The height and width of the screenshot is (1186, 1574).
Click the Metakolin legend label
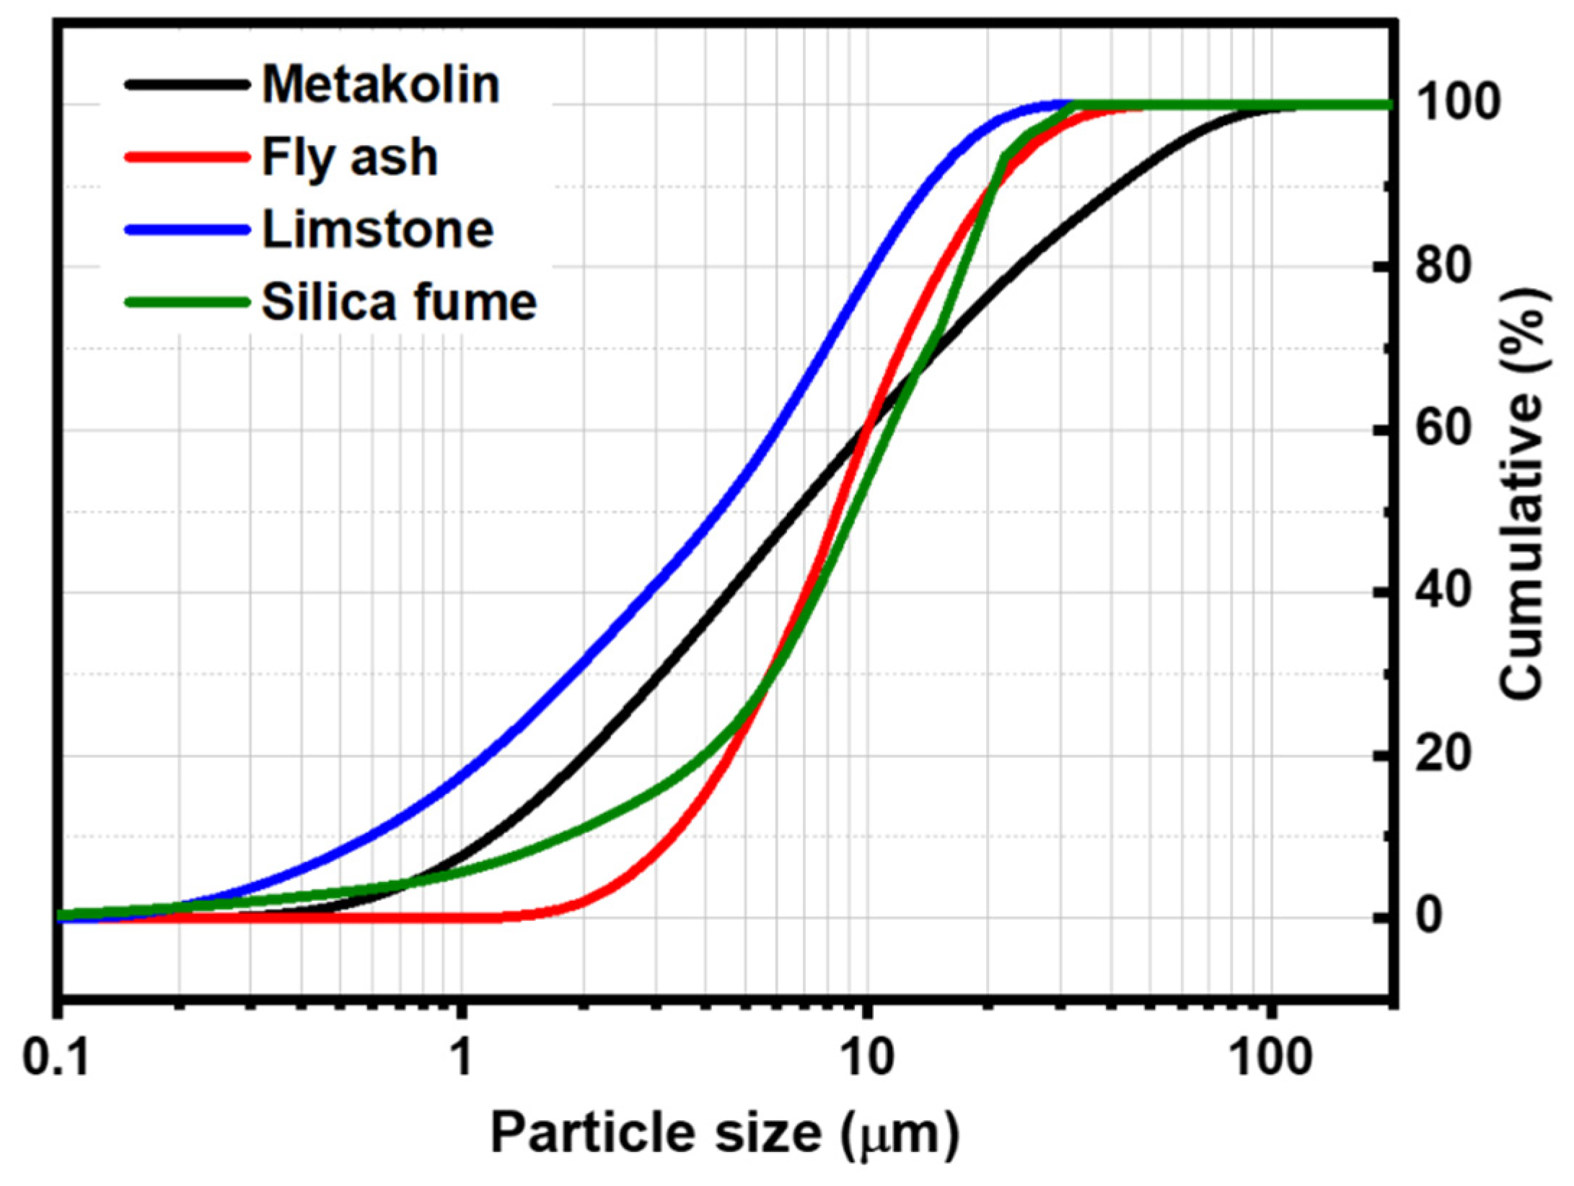[380, 85]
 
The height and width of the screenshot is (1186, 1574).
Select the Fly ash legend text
[350, 157]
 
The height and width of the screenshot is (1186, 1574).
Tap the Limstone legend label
[377, 230]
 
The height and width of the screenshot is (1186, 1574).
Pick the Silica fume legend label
[399, 302]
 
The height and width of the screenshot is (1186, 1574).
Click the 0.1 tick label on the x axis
[56, 1058]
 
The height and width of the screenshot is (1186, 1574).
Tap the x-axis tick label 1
[460, 1058]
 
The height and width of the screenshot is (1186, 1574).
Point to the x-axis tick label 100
[1270, 1058]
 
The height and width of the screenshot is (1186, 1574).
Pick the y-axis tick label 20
[1442, 755]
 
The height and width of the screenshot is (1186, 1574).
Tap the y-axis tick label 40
[1442, 593]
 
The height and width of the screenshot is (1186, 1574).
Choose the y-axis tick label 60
[1442, 430]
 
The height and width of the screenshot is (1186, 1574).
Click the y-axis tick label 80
[1442, 266]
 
